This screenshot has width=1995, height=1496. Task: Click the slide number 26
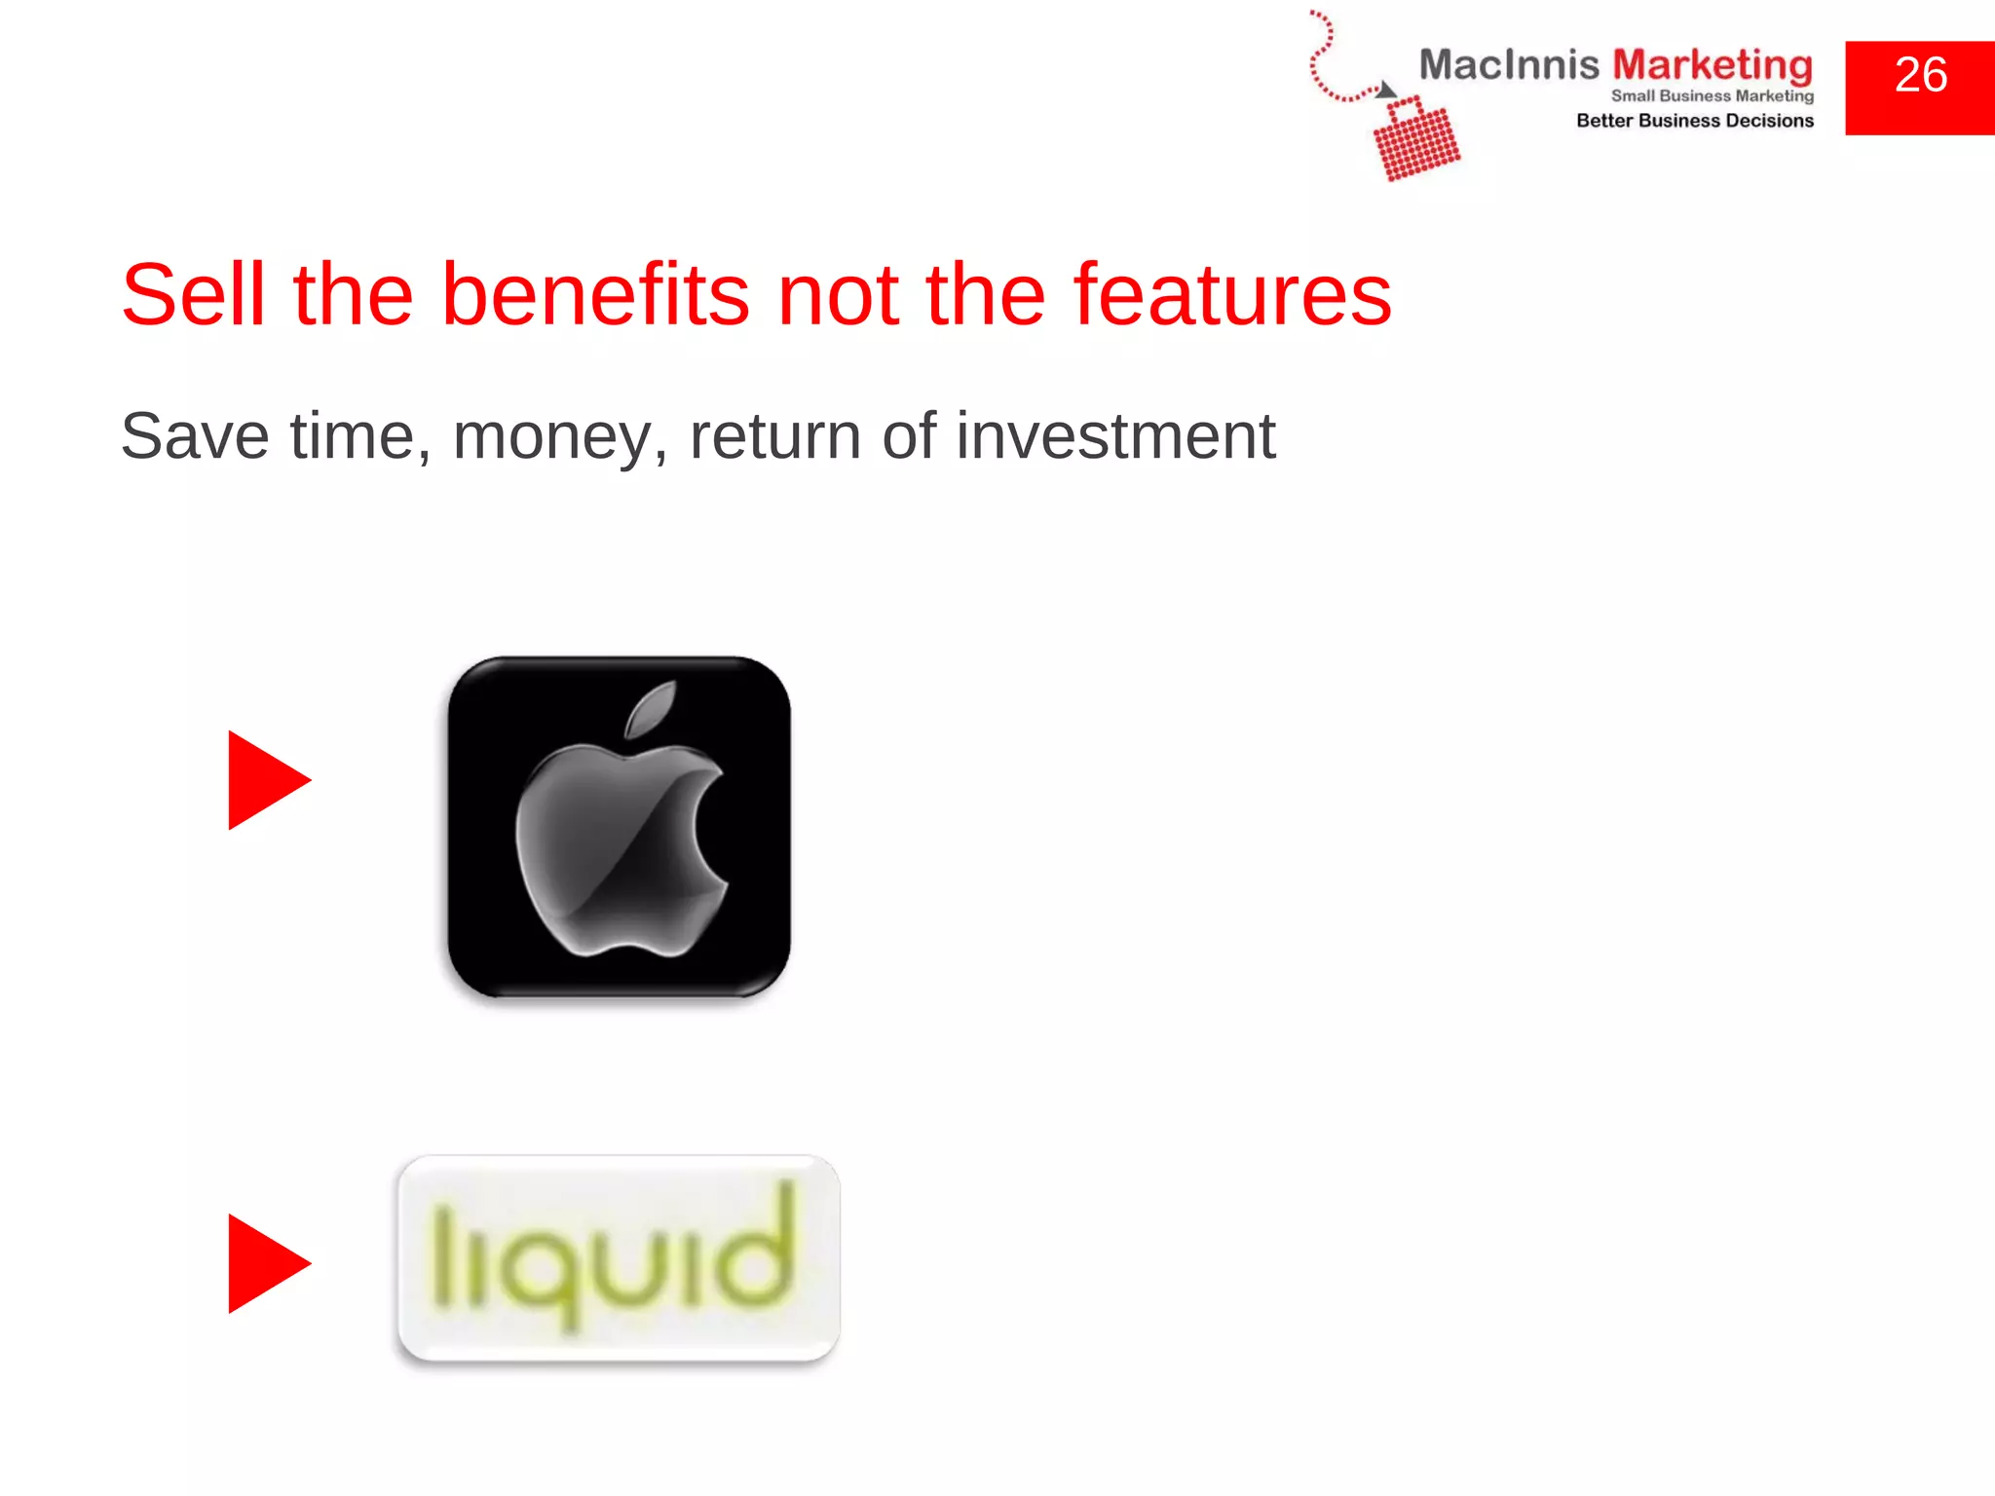1920,76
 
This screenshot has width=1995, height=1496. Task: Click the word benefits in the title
595,294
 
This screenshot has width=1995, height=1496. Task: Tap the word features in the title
1232,294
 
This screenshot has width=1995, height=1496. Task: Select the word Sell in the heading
193,294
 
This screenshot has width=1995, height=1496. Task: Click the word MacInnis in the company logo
1508,65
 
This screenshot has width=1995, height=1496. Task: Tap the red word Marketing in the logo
1713,65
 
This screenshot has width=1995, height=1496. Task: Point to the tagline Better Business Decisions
1694,121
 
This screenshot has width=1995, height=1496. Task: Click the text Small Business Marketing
1712,95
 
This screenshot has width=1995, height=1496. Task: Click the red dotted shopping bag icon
1416,140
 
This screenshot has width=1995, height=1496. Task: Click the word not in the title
837,294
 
